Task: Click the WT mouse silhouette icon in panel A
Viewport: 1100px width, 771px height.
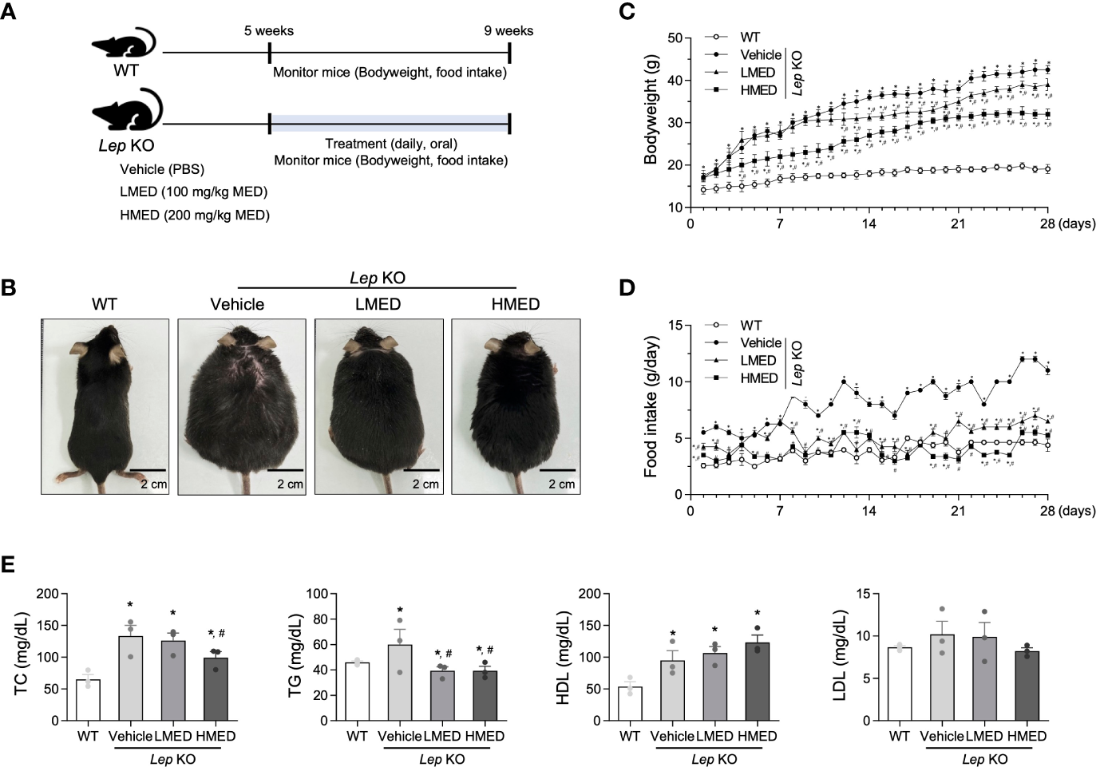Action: point(124,43)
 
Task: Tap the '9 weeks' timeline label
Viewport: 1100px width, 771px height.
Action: point(508,31)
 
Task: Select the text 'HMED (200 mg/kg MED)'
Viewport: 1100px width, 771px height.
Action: point(195,215)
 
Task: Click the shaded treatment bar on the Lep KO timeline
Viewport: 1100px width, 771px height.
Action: point(390,123)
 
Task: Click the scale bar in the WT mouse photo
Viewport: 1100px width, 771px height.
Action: point(148,470)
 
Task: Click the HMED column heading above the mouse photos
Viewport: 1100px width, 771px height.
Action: point(516,304)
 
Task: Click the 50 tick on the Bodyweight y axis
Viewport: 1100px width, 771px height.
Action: point(675,38)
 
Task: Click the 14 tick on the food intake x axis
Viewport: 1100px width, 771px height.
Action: point(869,511)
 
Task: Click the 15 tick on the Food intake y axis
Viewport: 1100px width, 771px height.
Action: point(675,326)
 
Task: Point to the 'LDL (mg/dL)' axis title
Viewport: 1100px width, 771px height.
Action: point(839,657)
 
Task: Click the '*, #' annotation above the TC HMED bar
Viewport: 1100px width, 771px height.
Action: point(216,633)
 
